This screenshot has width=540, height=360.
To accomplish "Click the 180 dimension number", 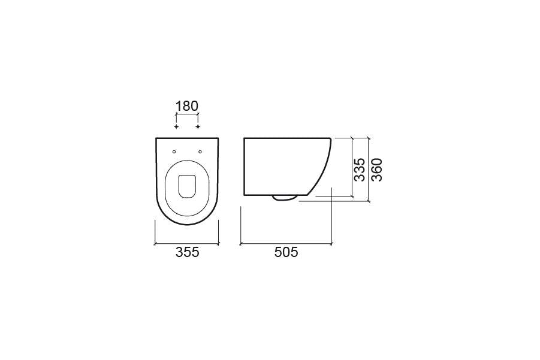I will click(186, 106).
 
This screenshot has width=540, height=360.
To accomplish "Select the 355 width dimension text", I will click(187, 253).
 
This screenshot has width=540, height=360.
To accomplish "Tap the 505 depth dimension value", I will click(286, 253).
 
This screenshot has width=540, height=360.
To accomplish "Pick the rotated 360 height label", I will click(377, 170).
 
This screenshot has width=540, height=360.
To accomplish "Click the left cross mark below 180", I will click(176, 127).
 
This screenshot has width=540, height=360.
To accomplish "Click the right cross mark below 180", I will click(197, 127).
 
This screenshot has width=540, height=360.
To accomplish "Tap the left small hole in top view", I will click(174, 150).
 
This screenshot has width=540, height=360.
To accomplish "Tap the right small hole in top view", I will click(200, 150).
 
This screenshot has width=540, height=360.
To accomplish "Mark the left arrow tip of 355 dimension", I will click(155, 244).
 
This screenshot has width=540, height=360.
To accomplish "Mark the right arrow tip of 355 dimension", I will click(219, 244).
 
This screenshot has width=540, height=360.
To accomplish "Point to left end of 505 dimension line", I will click(240, 244).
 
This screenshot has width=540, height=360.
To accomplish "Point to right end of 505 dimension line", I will click(332, 244).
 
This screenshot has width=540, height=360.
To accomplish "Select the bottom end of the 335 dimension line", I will click(351, 196).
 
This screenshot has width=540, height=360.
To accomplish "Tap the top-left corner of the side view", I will click(244, 138).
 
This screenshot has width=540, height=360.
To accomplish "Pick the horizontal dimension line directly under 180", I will click(186, 114).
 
